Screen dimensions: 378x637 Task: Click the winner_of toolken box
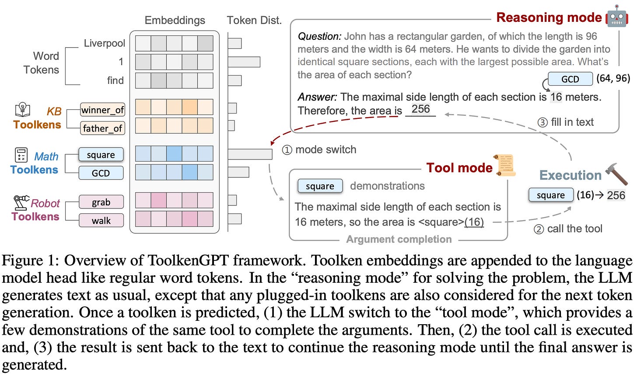pyautogui.click(x=102, y=110)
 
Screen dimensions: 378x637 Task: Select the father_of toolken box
pyautogui.click(x=102, y=128)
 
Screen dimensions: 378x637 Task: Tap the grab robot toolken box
pyautogui.click(x=101, y=202)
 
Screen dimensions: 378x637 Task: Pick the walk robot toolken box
pyautogui.click(x=101, y=220)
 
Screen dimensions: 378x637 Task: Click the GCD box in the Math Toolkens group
pyautogui.click(x=101, y=173)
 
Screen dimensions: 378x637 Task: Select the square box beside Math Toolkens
pyautogui.click(x=101, y=155)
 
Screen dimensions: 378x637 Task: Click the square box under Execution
pyautogui.click(x=550, y=195)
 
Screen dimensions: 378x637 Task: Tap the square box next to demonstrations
pyautogui.click(x=320, y=186)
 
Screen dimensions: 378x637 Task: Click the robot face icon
pyautogui.click(x=617, y=17)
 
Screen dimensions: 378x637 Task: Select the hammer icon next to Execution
pyautogui.click(x=616, y=174)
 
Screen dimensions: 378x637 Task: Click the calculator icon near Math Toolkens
pyautogui.click(x=21, y=155)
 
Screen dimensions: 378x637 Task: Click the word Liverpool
pyautogui.click(x=104, y=43)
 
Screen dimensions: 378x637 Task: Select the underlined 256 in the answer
pyautogui.click(x=420, y=109)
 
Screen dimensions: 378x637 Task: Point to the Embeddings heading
pyautogui.click(x=175, y=20)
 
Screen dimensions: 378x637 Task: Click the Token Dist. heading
pyautogui.click(x=254, y=20)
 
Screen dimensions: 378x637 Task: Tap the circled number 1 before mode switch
pyautogui.click(x=287, y=150)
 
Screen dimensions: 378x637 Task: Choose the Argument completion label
pyautogui.click(x=399, y=239)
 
